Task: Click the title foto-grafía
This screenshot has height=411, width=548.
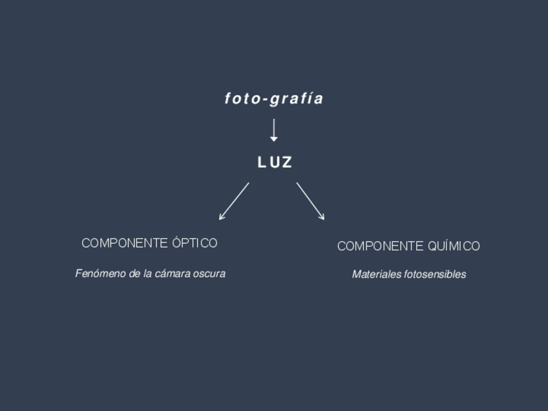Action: click(x=274, y=99)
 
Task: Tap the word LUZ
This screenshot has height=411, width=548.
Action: click(x=275, y=163)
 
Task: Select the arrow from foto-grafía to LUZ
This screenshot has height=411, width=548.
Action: click(x=274, y=129)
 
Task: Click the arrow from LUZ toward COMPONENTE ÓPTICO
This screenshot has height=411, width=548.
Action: click(x=235, y=200)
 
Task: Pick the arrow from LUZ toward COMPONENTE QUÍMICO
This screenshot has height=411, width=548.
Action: click(x=310, y=200)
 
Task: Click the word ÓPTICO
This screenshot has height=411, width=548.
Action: click(x=195, y=243)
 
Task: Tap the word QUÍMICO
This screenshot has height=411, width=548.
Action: click(x=454, y=246)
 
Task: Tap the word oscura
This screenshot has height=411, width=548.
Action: click(x=209, y=274)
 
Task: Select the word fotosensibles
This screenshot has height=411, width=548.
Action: click(x=435, y=275)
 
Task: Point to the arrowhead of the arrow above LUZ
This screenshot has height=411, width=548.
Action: click(x=274, y=139)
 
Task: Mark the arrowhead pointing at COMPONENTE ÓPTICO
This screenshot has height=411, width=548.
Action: click(x=222, y=217)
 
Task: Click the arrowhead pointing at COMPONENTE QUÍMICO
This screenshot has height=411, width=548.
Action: click(x=322, y=217)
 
